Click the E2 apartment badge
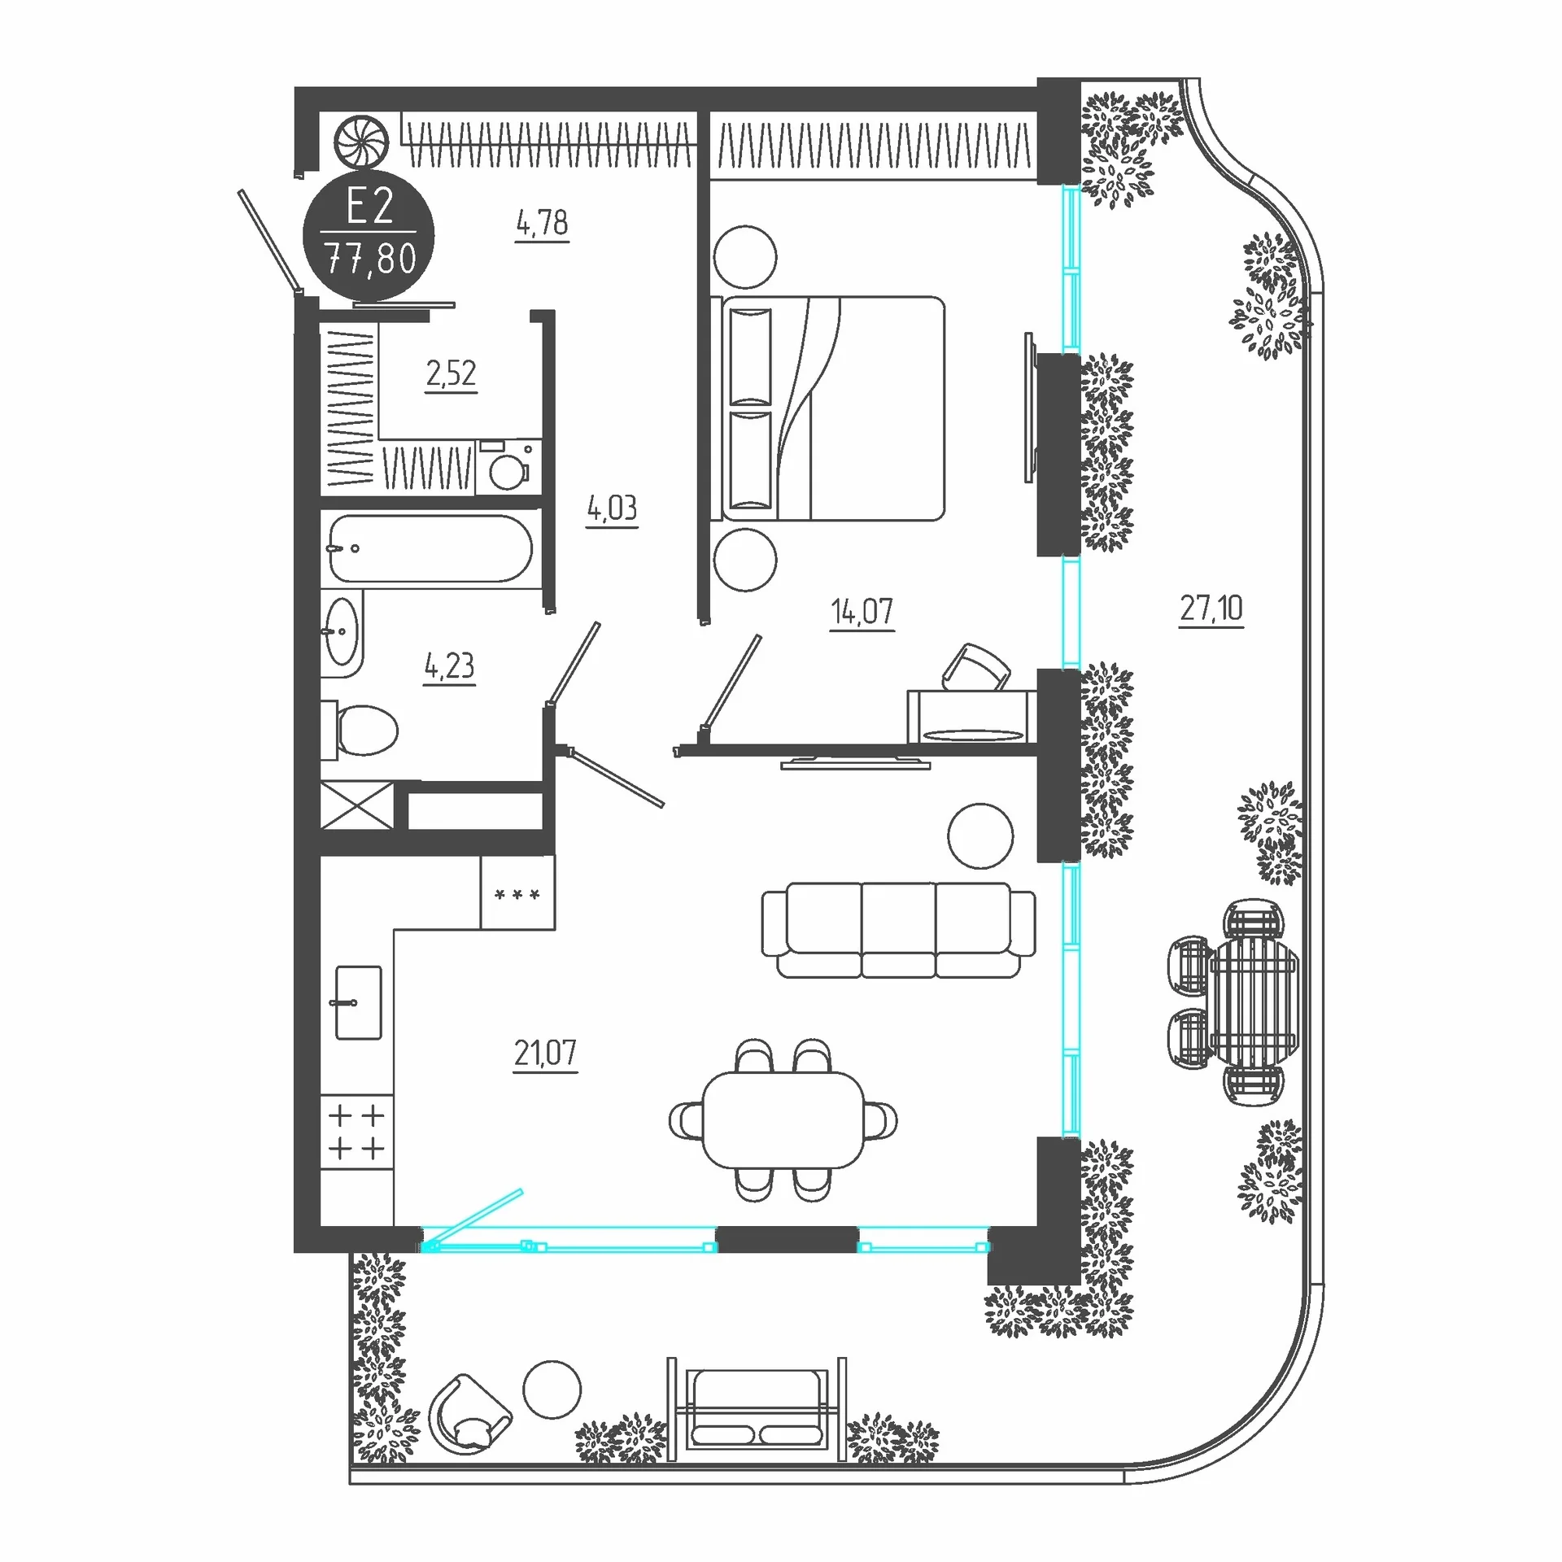click(369, 234)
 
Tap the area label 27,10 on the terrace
click(1211, 609)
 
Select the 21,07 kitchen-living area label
click(545, 1053)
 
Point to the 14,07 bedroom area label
click(862, 612)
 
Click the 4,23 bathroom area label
click(449, 666)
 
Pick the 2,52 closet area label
click(451, 374)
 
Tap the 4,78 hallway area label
click(543, 223)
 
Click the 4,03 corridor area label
click(613, 509)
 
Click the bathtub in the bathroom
click(430, 548)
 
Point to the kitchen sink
click(358, 1002)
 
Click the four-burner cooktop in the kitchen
click(357, 1132)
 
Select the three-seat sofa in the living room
click(898, 930)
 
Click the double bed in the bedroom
click(828, 408)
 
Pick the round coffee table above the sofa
click(980, 836)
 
